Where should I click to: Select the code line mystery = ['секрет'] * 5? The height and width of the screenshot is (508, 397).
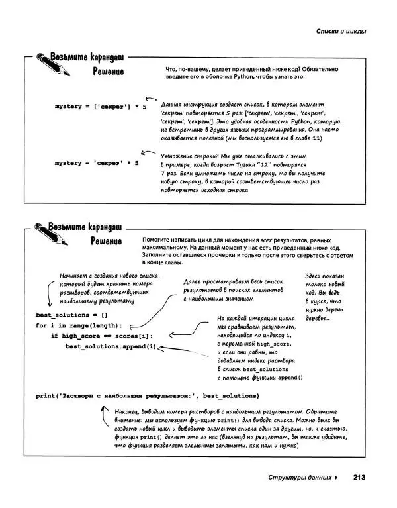click(101, 106)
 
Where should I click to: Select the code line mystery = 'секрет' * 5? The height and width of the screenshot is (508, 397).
click(97, 163)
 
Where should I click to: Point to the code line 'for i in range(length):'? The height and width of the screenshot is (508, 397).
click(79, 326)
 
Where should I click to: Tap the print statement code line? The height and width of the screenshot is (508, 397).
click(146, 396)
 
